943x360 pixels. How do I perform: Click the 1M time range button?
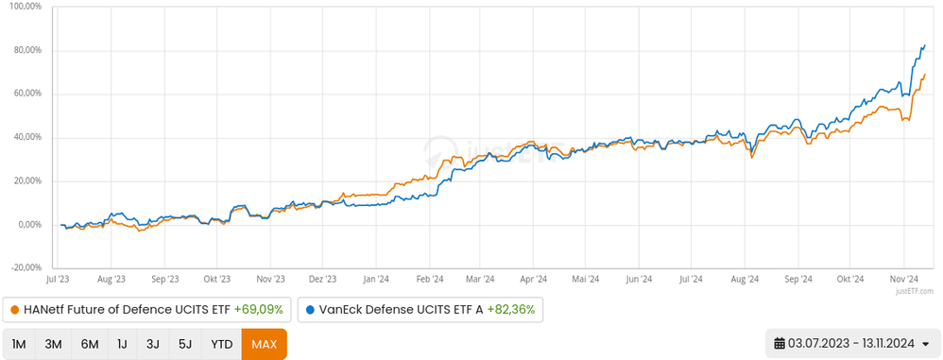pyautogui.click(x=19, y=344)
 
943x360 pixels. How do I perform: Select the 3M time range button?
pyautogui.click(x=54, y=344)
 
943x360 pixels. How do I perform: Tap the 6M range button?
pyautogui.click(x=90, y=344)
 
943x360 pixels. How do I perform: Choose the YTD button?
pyautogui.click(x=221, y=344)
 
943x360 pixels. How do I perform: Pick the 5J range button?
pyautogui.click(x=184, y=344)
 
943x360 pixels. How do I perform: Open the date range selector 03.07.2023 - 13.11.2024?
pyautogui.click(x=851, y=344)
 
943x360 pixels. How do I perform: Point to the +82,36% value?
pyautogui.click(x=511, y=309)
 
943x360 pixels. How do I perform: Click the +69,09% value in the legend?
pyautogui.click(x=258, y=309)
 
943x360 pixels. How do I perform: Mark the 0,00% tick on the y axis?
pyautogui.click(x=27, y=225)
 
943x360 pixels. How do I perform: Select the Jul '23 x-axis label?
pyautogui.click(x=60, y=279)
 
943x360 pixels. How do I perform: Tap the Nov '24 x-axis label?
pyautogui.click(x=903, y=279)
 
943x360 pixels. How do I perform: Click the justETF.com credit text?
pyautogui.click(x=916, y=292)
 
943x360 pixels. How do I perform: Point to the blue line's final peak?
pyautogui.click(x=924, y=45)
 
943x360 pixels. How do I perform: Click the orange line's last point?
pyautogui.click(x=924, y=74)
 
